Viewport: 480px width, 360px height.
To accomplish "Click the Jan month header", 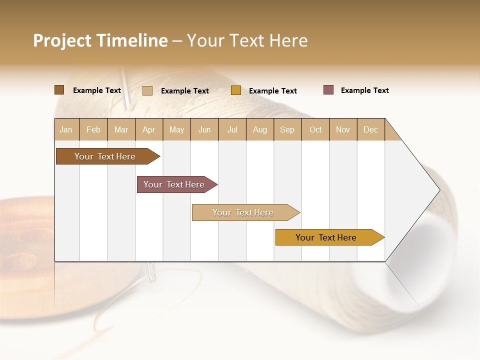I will click(66, 129).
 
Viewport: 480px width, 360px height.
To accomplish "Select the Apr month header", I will click(148, 129).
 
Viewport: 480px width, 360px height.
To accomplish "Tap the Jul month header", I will click(232, 129).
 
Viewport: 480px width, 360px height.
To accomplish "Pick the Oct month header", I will click(315, 129).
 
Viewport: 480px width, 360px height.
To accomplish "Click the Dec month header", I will click(370, 129).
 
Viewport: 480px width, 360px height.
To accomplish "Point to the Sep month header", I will click(287, 129).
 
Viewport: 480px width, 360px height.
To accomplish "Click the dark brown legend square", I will click(59, 90).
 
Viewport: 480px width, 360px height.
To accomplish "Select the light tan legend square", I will click(147, 90).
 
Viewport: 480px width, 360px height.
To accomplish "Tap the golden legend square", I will click(236, 90).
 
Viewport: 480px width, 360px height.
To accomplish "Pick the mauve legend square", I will click(328, 90).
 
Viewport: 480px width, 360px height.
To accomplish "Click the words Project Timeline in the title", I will click(100, 40).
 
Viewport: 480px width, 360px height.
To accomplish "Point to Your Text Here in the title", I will click(247, 40).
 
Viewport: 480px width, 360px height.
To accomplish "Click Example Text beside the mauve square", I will click(364, 90).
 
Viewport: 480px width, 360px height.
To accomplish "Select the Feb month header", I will click(93, 129).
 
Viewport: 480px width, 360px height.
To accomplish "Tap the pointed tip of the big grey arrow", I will click(438, 190).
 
